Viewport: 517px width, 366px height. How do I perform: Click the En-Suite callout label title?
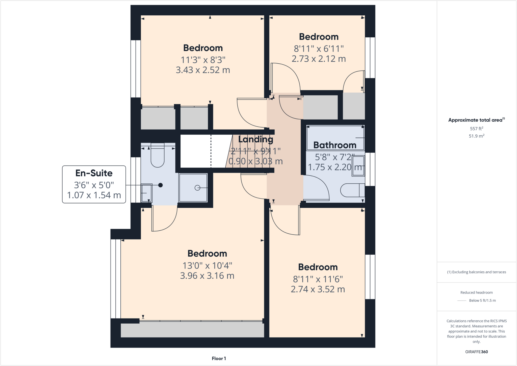coord(94,173)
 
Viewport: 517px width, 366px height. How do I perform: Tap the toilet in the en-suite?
coord(158,157)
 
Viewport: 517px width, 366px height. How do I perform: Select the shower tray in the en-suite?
coord(193,188)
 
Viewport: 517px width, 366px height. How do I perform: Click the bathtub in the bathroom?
coord(335,138)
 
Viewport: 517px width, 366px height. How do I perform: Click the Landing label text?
coord(255,139)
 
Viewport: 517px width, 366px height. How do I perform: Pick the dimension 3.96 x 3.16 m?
coord(207,276)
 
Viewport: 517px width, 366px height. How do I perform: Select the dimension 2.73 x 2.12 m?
coord(319,59)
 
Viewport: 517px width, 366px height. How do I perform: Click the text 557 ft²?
coord(476,129)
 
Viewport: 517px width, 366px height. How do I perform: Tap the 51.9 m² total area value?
coord(476,136)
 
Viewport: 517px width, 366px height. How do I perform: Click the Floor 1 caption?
coord(219,358)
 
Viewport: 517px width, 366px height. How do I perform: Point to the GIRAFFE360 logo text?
coord(476,352)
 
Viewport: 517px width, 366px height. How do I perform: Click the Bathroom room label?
coord(335,145)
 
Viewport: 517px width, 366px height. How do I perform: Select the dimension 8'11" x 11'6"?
coord(318,279)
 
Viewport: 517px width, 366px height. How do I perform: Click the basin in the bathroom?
coord(358,166)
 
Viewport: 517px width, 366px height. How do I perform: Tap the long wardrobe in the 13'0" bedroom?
coord(192,329)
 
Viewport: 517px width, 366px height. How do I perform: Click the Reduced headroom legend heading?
coord(476,292)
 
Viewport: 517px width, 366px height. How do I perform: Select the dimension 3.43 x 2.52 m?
coord(203,70)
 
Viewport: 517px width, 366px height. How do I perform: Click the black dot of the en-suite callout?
coord(160,185)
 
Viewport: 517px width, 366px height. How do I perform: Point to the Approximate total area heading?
coord(476,120)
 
